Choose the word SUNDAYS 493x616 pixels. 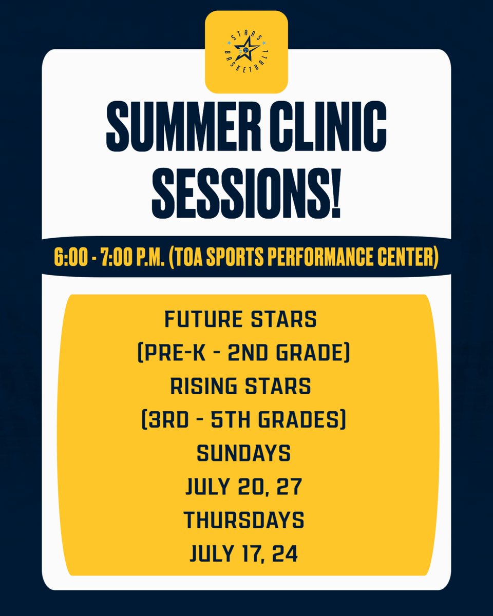pos(244,454)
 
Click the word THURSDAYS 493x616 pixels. pos(244,521)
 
